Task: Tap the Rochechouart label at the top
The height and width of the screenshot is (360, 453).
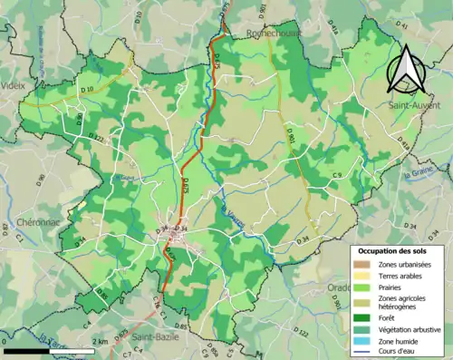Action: (x=275, y=33)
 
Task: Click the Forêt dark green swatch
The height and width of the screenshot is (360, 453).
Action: (x=360, y=316)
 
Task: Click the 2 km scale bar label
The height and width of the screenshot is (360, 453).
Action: (x=101, y=342)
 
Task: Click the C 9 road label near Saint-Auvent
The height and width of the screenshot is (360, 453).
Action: (x=336, y=174)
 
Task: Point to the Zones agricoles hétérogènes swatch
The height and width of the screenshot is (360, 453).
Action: (x=360, y=301)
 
